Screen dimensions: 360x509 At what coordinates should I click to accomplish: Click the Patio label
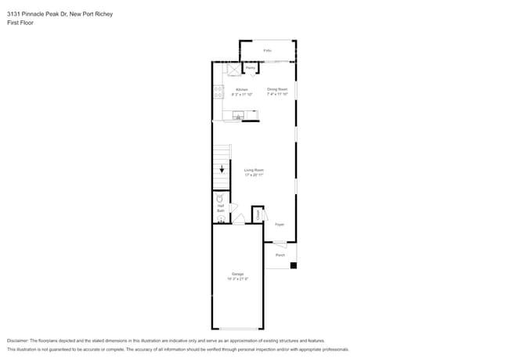(x=267, y=50)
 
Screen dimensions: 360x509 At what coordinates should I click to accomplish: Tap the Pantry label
(x=251, y=69)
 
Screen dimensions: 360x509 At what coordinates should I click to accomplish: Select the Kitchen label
(x=242, y=89)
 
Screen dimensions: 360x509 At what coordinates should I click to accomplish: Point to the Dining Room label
(x=277, y=89)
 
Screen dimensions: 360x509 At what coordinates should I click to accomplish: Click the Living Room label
(x=254, y=170)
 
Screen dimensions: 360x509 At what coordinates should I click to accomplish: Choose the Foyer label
(x=279, y=225)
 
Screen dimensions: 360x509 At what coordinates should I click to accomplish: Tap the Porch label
(x=280, y=254)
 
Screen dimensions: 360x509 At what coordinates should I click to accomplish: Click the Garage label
(x=237, y=274)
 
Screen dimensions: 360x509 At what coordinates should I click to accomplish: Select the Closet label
(x=257, y=214)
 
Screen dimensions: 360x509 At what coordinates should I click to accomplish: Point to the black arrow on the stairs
(x=222, y=169)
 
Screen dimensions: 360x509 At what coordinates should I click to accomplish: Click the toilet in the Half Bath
(x=220, y=199)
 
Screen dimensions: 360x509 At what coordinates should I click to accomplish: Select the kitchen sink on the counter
(x=237, y=116)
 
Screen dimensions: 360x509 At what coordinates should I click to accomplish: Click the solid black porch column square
(x=293, y=265)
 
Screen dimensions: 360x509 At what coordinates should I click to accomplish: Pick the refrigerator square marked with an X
(x=233, y=70)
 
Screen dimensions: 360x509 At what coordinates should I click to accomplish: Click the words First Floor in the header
(x=20, y=23)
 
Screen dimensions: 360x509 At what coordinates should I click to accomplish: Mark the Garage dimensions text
(x=237, y=279)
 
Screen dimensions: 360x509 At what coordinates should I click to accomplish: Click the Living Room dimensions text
(x=254, y=175)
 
